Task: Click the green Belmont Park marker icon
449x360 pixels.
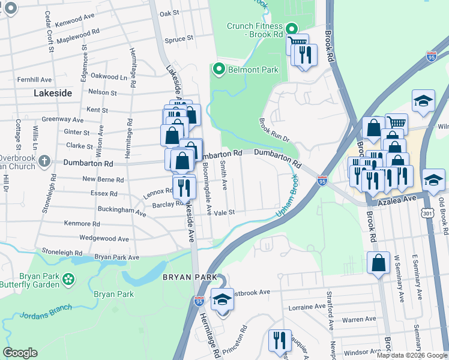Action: click(x=218, y=70)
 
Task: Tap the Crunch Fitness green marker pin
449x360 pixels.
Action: click(x=292, y=29)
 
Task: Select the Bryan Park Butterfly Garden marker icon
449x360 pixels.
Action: click(x=68, y=278)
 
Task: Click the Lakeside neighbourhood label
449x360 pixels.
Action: click(x=53, y=93)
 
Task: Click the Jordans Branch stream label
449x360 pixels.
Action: click(x=46, y=311)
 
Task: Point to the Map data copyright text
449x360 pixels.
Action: click(x=411, y=355)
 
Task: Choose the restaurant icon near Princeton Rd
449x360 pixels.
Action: click(x=279, y=340)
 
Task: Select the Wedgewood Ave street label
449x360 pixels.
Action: click(x=104, y=239)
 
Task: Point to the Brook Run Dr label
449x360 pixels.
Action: click(x=274, y=130)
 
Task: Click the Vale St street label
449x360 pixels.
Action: click(x=224, y=212)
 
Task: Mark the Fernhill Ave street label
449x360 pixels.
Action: click(x=35, y=79)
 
